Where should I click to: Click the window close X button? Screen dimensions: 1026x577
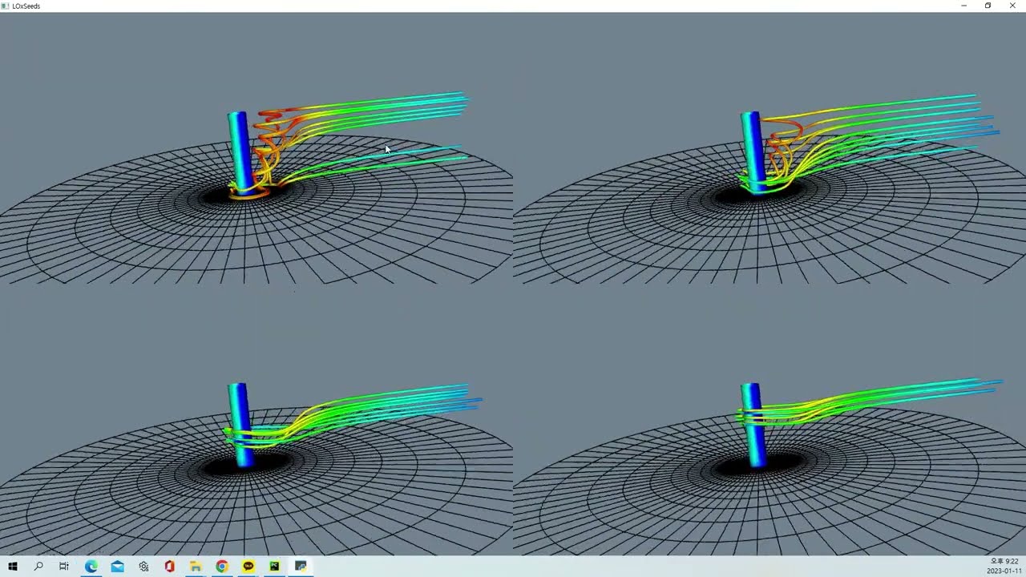[1012, 6]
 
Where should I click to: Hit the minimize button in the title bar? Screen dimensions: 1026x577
[963, 6]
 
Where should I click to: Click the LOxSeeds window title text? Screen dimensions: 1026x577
[26, 6]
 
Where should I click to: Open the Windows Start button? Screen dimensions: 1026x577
[13, 567]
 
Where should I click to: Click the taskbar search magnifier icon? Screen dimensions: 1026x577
[38, 567]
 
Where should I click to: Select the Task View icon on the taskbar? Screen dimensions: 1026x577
[64, 567]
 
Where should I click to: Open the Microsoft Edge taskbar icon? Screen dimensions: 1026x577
[91, 567]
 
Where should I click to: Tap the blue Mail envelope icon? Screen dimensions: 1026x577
[117, 567]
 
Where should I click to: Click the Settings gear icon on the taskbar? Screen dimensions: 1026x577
[143, 567]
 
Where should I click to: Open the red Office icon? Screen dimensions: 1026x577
[169, 567]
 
